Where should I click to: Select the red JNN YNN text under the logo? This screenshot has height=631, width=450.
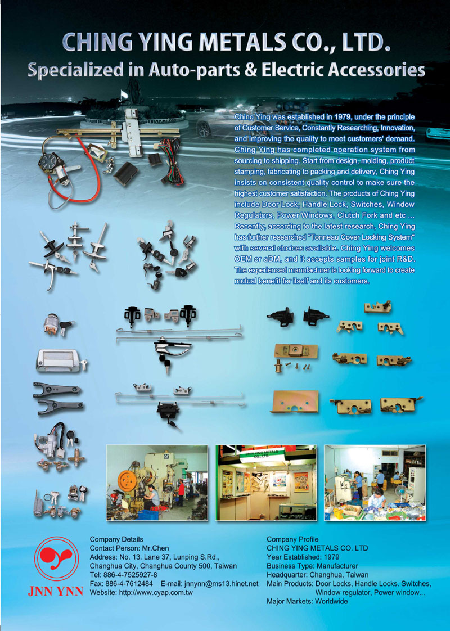[x=56, y=591]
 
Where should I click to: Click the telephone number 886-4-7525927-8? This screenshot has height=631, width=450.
[x=131, y=575]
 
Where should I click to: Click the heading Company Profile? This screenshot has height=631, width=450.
[x=292, y=539]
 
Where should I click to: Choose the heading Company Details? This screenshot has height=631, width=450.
[x=116, y=539]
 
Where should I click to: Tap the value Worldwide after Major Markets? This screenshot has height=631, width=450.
[x=331, y=601]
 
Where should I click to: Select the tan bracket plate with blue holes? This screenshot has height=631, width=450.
[x=295, y=402]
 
